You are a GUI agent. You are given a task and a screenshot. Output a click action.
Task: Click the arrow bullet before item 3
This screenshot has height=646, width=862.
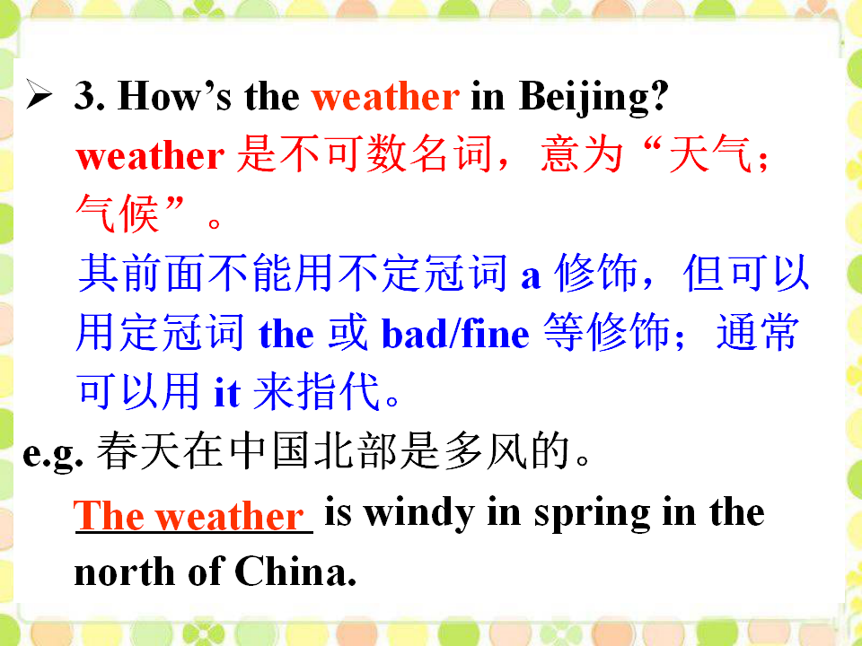(x=39, y=94)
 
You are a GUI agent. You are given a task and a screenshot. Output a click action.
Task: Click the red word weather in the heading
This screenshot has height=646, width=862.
(x=385, y=97)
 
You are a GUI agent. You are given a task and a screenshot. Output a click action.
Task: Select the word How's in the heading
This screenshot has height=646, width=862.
(x=174, y=96)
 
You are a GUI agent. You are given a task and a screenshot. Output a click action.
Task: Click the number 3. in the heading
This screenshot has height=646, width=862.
(x=90, y=96)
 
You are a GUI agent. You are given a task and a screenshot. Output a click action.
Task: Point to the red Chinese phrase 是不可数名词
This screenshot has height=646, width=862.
(x=364, y=154)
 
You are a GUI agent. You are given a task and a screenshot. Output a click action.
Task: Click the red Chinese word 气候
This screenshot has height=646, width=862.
(x=118, y=214)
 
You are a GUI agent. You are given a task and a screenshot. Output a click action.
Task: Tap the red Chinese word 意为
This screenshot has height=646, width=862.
(x=582, y=154)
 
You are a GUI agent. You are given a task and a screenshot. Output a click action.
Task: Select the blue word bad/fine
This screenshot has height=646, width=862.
(x=455, y=334)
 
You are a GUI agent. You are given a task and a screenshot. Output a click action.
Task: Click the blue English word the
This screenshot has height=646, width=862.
(x=286, y=334)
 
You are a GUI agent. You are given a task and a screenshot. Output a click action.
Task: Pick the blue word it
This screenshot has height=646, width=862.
(x=227, y=392)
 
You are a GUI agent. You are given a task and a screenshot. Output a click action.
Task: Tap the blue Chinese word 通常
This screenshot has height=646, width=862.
(x=757, y=332)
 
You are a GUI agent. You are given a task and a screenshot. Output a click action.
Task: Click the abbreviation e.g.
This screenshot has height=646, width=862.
(x=53, y=455)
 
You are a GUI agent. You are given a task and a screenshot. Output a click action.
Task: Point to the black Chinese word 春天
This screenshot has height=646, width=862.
(x=138, y=451)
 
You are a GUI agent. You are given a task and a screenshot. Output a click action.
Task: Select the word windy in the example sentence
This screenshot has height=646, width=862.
(x=419, y=513)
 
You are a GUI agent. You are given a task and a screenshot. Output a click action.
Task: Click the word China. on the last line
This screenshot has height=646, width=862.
(x=295, y=572)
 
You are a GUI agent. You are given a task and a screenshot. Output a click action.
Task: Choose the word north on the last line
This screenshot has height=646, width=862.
(x=125, y=572)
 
